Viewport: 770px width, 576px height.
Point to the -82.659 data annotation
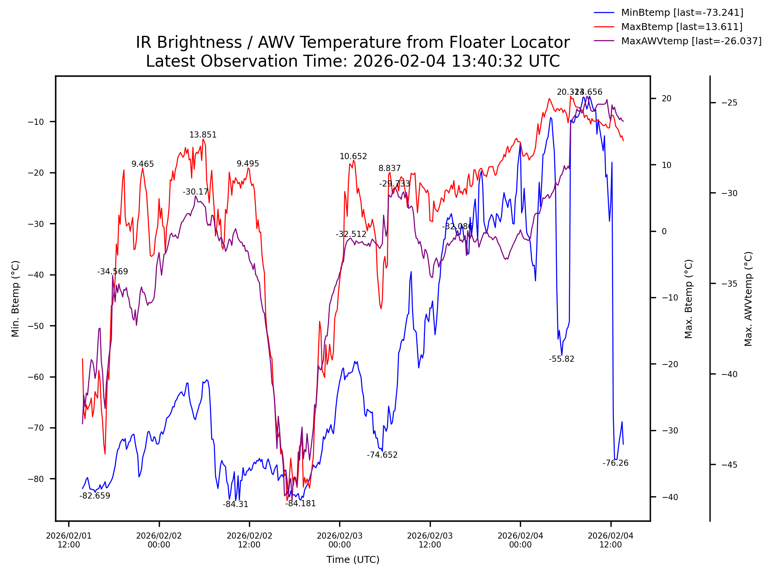click(x=95, y=496)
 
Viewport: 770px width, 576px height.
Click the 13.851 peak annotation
click(x=203, y=135)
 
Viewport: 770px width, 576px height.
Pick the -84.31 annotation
click(x=235, y=504)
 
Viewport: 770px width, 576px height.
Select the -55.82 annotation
click(x=562, y=359)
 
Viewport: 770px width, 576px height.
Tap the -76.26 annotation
click(x=615, y=463)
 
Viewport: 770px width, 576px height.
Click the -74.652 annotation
click(x=382, y=455)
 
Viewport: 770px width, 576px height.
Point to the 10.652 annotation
click(x=353, y=156)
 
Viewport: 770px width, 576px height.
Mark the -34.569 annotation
click(x=113, y=272)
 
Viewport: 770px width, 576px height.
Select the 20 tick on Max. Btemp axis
click(x=666, y=99)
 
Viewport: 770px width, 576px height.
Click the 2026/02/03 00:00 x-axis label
click(x=340, y=540)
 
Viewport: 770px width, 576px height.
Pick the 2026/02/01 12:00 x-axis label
click(x=69, y=540)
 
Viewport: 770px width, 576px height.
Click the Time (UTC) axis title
click(x=353, y=560)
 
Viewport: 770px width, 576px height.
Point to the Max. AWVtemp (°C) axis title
click(x=748, y=299)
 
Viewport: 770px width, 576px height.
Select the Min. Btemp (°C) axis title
click(x=15, y=299)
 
